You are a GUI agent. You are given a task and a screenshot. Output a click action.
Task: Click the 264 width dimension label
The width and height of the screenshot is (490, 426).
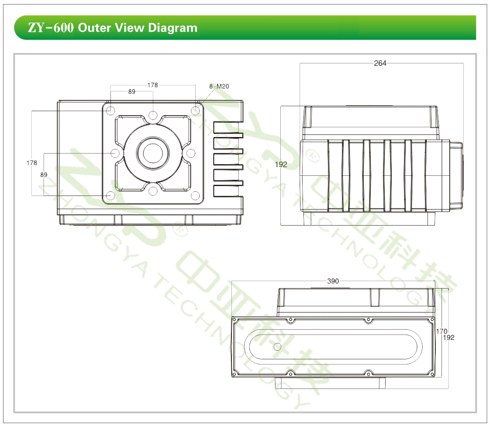coord(380,63)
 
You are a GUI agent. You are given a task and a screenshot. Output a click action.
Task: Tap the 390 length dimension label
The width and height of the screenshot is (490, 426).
coord(333,281)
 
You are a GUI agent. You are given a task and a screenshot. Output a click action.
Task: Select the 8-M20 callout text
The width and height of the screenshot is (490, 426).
coord(219,86)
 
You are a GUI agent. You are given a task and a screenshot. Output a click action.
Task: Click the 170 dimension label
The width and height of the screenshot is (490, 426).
coord(441,331)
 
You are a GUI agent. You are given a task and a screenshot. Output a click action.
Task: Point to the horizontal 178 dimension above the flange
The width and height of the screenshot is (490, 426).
coord(153,85)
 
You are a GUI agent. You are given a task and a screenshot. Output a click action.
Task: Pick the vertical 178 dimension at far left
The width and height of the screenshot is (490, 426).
coord(32,163)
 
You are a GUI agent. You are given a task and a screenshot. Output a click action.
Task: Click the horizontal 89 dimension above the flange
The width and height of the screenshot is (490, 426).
coord(132,91)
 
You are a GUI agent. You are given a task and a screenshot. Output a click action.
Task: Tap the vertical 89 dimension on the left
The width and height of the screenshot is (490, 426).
coord(44,175)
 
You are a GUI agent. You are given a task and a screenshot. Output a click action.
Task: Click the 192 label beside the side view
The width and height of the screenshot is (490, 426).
coord(281,164)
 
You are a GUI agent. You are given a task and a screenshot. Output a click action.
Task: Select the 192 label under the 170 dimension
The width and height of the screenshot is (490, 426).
coord(448,338)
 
